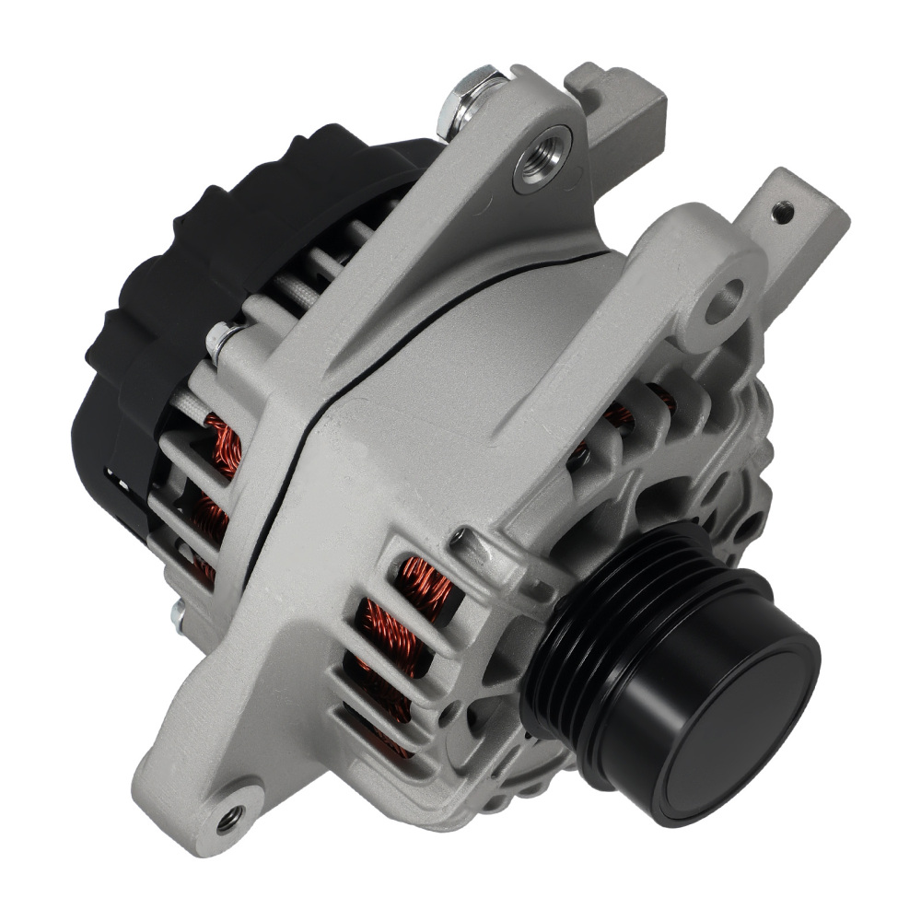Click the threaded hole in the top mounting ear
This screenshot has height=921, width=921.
542,157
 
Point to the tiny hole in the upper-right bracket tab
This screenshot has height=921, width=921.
783,213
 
